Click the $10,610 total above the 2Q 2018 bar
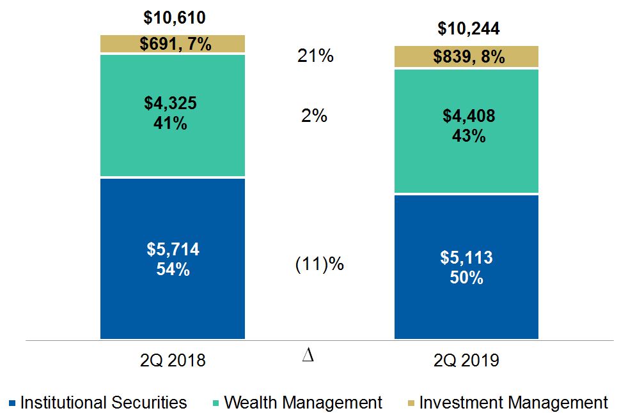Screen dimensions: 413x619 (173, 18)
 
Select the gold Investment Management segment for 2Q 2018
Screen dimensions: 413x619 (173, 44)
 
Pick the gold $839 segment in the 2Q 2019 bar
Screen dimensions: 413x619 (466, 57)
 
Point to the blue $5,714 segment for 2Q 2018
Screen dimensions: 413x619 (173, 259)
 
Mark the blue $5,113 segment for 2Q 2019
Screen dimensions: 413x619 (466, 267)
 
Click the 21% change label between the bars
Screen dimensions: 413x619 (315, 56)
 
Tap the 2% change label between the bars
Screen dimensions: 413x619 (314, 116)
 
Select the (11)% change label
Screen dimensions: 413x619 (319, 264)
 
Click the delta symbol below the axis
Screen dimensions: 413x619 (308, 356)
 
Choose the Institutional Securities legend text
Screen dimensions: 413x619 (104, 403)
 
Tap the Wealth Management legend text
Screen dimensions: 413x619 (303, 403)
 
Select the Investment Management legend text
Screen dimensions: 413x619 (513, 403)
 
